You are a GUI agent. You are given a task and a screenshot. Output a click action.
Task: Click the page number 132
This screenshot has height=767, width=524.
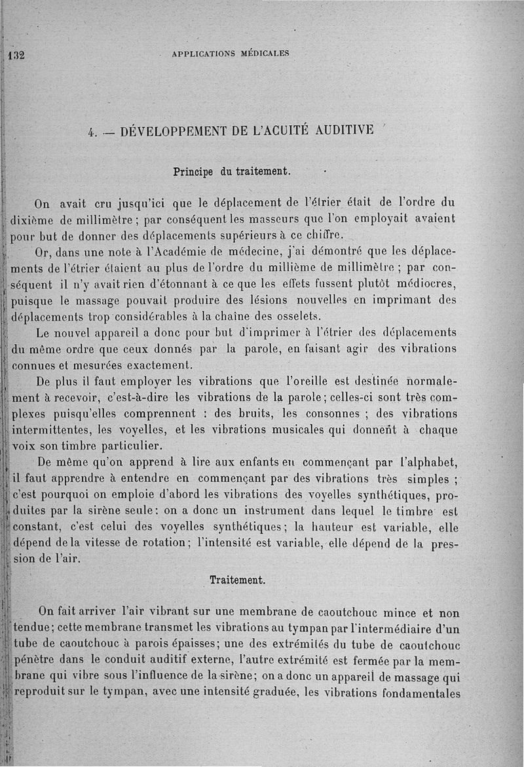[x=15, y=54]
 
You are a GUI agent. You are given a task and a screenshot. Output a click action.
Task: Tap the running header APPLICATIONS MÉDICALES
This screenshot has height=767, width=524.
[x=230, y=54]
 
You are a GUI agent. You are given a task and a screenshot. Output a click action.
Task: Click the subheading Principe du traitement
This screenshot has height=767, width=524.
[x=231, y=172]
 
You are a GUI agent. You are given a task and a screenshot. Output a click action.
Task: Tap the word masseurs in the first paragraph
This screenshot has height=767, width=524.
[x=263, y=218]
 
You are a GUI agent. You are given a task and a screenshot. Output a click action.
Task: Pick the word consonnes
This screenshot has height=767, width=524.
[x=330, y=414]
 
